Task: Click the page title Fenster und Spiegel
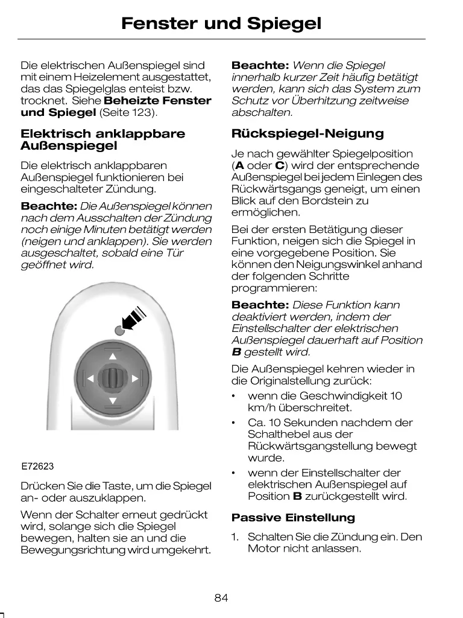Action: point(221,24)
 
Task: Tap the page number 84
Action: point(221,598)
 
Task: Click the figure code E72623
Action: point(38,467)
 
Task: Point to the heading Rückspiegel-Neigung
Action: point(307,133)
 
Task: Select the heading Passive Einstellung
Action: point(293,518)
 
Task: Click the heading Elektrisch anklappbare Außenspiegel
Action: point(103,139)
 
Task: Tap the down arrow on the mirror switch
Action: point(112,401)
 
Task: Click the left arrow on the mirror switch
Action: point(90,379)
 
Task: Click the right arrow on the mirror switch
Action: point(134,379)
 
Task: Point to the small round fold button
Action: point(120,330)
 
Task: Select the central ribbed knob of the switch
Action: point(112,379)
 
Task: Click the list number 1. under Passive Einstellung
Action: point(235,537)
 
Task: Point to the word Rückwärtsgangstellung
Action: point(332,447)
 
